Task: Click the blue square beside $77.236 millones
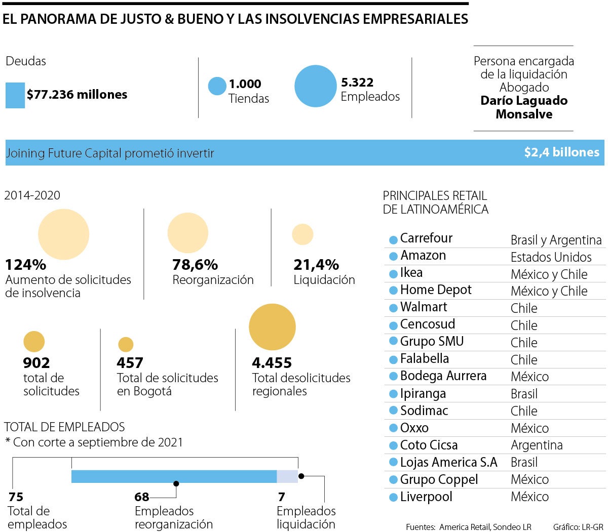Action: tap(15, 95)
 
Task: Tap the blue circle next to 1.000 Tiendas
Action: tap(217, 86)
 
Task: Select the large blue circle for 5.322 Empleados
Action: tap(315, 86)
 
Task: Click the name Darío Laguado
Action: tap(523, 101)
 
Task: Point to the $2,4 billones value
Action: tap(561, 152)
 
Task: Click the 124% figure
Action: tap(25, 265)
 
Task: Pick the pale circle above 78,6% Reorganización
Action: tap(188, 233)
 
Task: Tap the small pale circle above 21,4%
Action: tap(302, 234)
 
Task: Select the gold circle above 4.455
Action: tap(272, 327)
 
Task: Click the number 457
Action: tap(130, 363)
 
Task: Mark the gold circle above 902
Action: tap(34, 342)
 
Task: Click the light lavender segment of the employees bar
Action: tap(287, 476)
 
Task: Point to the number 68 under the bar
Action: tap(142, 497)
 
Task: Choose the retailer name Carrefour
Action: tap(426, 238)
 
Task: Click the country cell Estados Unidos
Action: tap(551, 257)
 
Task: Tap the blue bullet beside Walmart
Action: tap(393, 308)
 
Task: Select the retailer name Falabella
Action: tap(424, 359)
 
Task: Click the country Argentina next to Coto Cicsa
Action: tap(537, 445)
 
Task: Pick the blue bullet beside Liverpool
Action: tap(393, 498)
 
